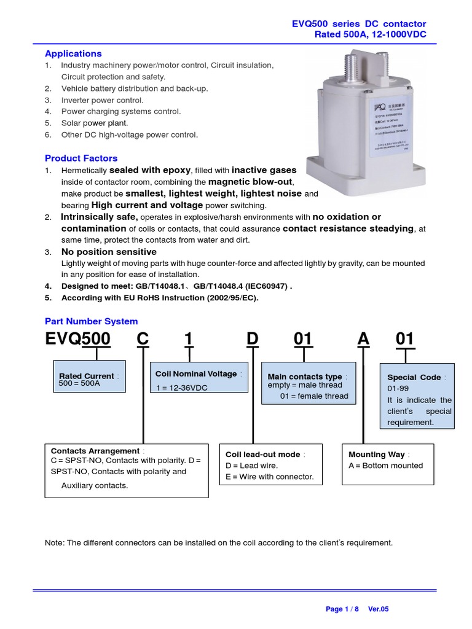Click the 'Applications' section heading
pyautogui.click(x=73, y=53)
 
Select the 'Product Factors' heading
pyautogui.click(x=81, y=158)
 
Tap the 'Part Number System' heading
pyautogui.click(x=92, y=321)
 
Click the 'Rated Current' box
pyautogui.click(x=90, y=377)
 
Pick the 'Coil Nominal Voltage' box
pyautogui.click(x=199, y=378)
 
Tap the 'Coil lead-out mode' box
pyautogui.click(x=271, y=464)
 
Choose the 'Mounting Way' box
pyautogui.click(x=387, y=464)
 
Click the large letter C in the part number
pyautogui.click(x=143, y=339)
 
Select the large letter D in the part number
pyautogui.click(x=252, y=339)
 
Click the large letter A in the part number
pyautogui.click(x=364, y=339)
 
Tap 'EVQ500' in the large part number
pyautogui.click(x=78, y=339)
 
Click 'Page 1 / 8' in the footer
pyautogui.click(x=343, y=609)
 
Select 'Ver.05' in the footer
pyautogui.click(x=379, y=609)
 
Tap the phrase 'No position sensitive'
pyautogui.click(x=109, y=252)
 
